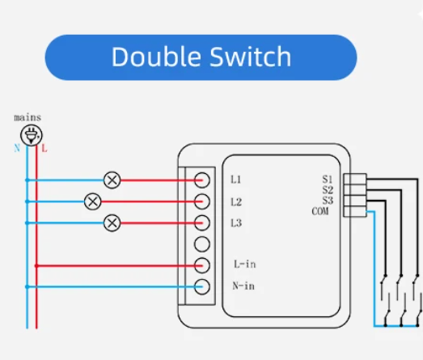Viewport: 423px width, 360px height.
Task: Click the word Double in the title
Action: pos(152,57)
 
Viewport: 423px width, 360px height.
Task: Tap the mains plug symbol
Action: pos(32,136)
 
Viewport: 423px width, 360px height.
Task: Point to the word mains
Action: pos(27,117)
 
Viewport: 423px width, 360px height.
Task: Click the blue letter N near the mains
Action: pos(17,149)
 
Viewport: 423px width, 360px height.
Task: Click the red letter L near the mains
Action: pos(44,149)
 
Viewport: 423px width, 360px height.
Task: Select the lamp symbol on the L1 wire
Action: pos(112,180)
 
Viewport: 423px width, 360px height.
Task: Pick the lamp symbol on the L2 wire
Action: pos(93,201)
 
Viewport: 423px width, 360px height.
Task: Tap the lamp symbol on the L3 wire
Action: pos(112,222)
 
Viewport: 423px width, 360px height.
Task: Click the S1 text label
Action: pos(327,179)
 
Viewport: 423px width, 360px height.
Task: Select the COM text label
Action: pos(322,211)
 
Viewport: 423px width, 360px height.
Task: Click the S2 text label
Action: pos(327,189)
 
